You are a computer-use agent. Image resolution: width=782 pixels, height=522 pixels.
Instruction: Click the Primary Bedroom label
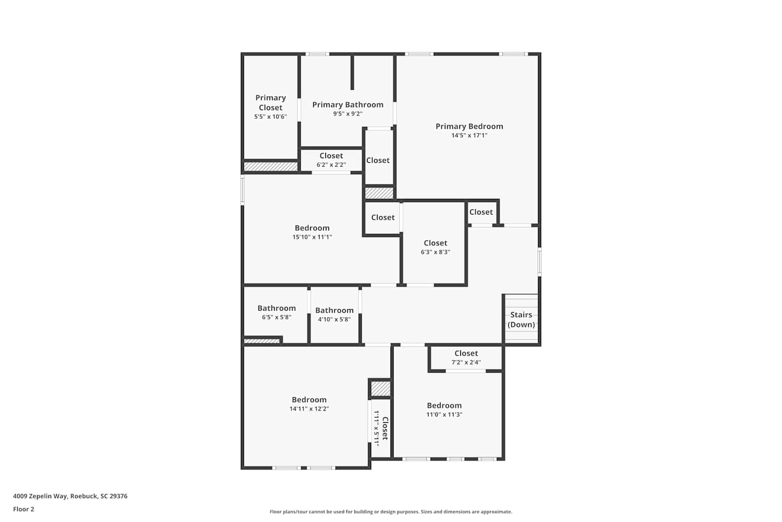click(x=469, y=126)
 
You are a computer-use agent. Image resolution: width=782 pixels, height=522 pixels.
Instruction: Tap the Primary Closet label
click(x=271, y=102)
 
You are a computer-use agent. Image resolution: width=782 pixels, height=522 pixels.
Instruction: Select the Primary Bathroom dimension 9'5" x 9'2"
click(x=348, y=114)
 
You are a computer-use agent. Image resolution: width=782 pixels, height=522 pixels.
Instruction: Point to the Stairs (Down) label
click(x=521, y=319)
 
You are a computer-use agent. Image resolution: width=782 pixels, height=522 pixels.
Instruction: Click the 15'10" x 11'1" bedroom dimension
click(x=312, y=237)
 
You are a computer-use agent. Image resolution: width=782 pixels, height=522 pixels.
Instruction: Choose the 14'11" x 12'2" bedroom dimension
click(x=309, y=409)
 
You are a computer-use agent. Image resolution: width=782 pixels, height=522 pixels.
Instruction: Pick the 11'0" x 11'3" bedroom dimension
click(x=444, y=414)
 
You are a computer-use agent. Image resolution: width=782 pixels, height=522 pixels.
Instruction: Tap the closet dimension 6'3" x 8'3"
click(x=435, y=252)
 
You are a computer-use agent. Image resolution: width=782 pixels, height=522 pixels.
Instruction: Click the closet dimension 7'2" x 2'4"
click(x=466, y=363)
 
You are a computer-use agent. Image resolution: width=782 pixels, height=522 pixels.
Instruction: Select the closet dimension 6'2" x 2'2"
click(x=331, y=164)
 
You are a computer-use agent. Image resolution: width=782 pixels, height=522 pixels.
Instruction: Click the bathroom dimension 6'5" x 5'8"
click(x=276, y=317)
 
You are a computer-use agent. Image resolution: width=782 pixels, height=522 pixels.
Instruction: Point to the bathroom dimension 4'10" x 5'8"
click(x=335, y=319)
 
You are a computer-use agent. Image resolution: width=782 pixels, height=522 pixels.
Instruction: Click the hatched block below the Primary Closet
click(x=271, y=167)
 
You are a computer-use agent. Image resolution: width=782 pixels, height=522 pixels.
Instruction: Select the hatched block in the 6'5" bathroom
click(x=262, y=341)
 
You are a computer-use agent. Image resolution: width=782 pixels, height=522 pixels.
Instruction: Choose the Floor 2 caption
click(x=24, y=509)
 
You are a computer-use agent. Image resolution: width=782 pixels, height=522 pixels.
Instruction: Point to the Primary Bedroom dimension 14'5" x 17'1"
click(x=469, y=136)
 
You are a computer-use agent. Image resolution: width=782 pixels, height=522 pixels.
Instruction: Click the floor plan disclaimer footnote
click(x=390, y=512)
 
